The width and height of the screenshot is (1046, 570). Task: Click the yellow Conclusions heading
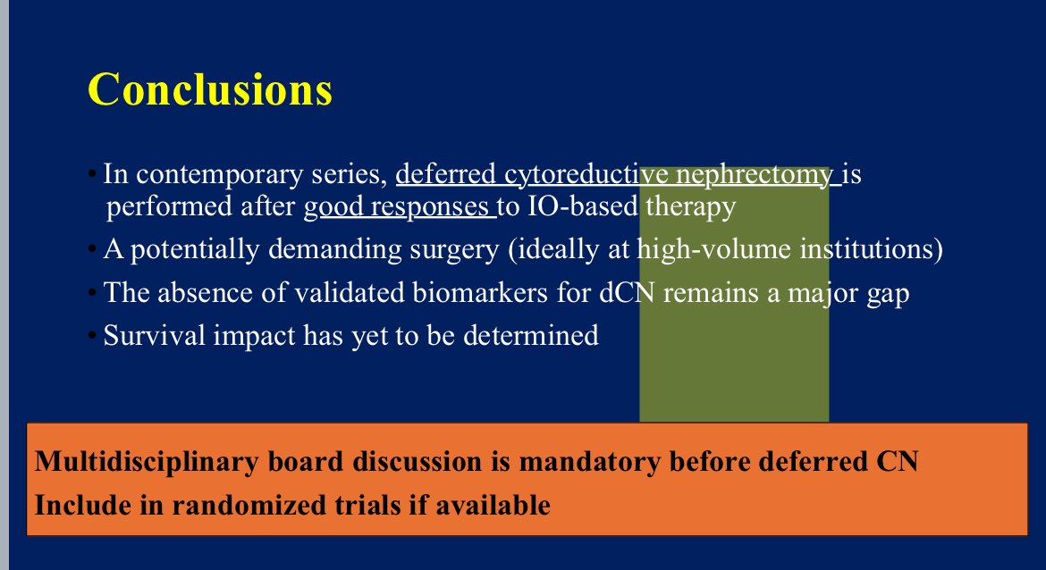pos(210,89)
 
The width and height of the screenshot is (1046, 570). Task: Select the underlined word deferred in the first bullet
pos(445,174)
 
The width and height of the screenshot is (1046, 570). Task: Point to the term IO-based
pos(582,206)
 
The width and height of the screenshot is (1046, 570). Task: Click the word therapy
pos(690,207)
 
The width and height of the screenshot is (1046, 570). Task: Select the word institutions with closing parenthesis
pos(872,249)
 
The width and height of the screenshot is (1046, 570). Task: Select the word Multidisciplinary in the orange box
pos(146,462)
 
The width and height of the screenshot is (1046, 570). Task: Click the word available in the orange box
pos(493,505)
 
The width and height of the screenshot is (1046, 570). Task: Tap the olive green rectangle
pos(734,294)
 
